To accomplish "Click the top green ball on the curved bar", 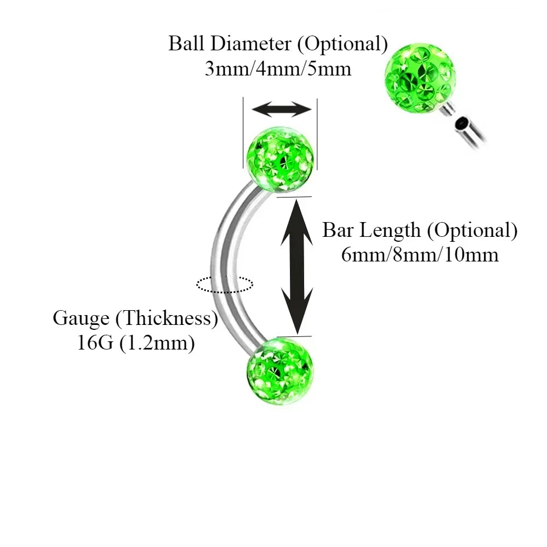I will point(281,159).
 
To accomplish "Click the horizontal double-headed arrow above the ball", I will point(281,109).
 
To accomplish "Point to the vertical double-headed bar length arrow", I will point(296,266).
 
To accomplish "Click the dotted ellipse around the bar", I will point(224,284).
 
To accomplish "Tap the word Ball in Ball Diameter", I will point(185,44).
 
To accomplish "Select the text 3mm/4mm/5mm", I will point(278,69).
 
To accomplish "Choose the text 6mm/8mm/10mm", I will point(420,255).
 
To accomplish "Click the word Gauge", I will point(82,318).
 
